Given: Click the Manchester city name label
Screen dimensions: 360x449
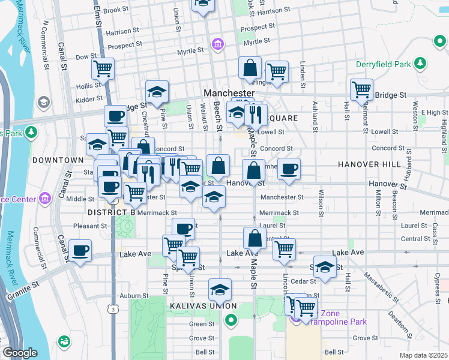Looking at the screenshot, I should [229, 94].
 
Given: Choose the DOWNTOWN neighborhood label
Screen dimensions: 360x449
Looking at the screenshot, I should [58, 160].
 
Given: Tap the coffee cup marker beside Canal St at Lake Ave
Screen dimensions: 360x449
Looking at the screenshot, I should [80, 251].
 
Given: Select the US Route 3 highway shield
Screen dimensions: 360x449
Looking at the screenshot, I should [113, 309].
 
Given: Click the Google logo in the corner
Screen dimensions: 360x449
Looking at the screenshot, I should [20, 353].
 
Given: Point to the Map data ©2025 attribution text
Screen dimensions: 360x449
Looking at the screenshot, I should [423, 355].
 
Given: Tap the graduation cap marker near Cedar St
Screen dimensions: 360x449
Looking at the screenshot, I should [325, 268].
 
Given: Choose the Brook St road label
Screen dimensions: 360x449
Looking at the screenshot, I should [116, 10].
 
